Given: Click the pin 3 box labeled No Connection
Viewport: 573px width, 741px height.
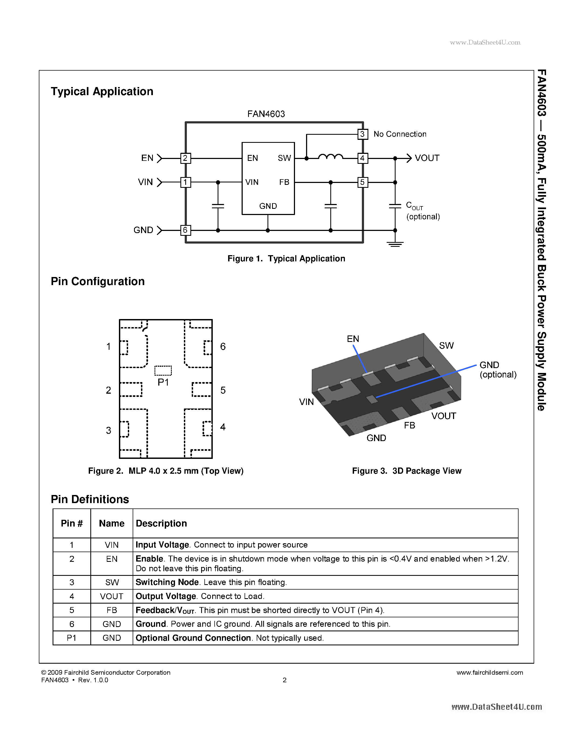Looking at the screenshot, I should (x=362, y=134).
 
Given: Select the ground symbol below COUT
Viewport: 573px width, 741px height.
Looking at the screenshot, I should (x=395, y=244).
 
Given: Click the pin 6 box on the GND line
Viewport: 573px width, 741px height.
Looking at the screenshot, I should (x=185, y=230).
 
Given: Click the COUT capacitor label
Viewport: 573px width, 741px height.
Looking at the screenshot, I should (x=414, y=206).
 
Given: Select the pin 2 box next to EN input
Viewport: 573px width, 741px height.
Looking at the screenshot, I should (x=185, y=158).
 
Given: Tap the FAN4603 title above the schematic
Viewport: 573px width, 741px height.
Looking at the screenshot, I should (x=266, y=114).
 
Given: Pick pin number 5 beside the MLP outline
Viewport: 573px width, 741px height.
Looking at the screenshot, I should (x=223, y=390).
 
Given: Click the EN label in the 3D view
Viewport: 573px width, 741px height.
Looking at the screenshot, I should (x=353, y=339).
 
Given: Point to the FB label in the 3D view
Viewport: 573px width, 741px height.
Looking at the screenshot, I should (x=409, y=425).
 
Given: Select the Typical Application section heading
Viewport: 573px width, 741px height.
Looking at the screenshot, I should (x=102, y=92).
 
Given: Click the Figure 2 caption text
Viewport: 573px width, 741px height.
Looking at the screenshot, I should (x=166, y=471).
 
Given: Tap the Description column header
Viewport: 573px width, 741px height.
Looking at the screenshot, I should (x=161, y=523).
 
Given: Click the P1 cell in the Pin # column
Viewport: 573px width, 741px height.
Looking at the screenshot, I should (x=72, y=638).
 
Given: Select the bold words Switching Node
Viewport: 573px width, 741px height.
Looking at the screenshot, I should (x=167, y=582).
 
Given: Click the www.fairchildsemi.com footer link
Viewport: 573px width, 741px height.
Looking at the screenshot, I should (x=489, y=673).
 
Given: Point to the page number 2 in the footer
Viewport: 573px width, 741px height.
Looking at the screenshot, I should (x=284, y=680).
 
